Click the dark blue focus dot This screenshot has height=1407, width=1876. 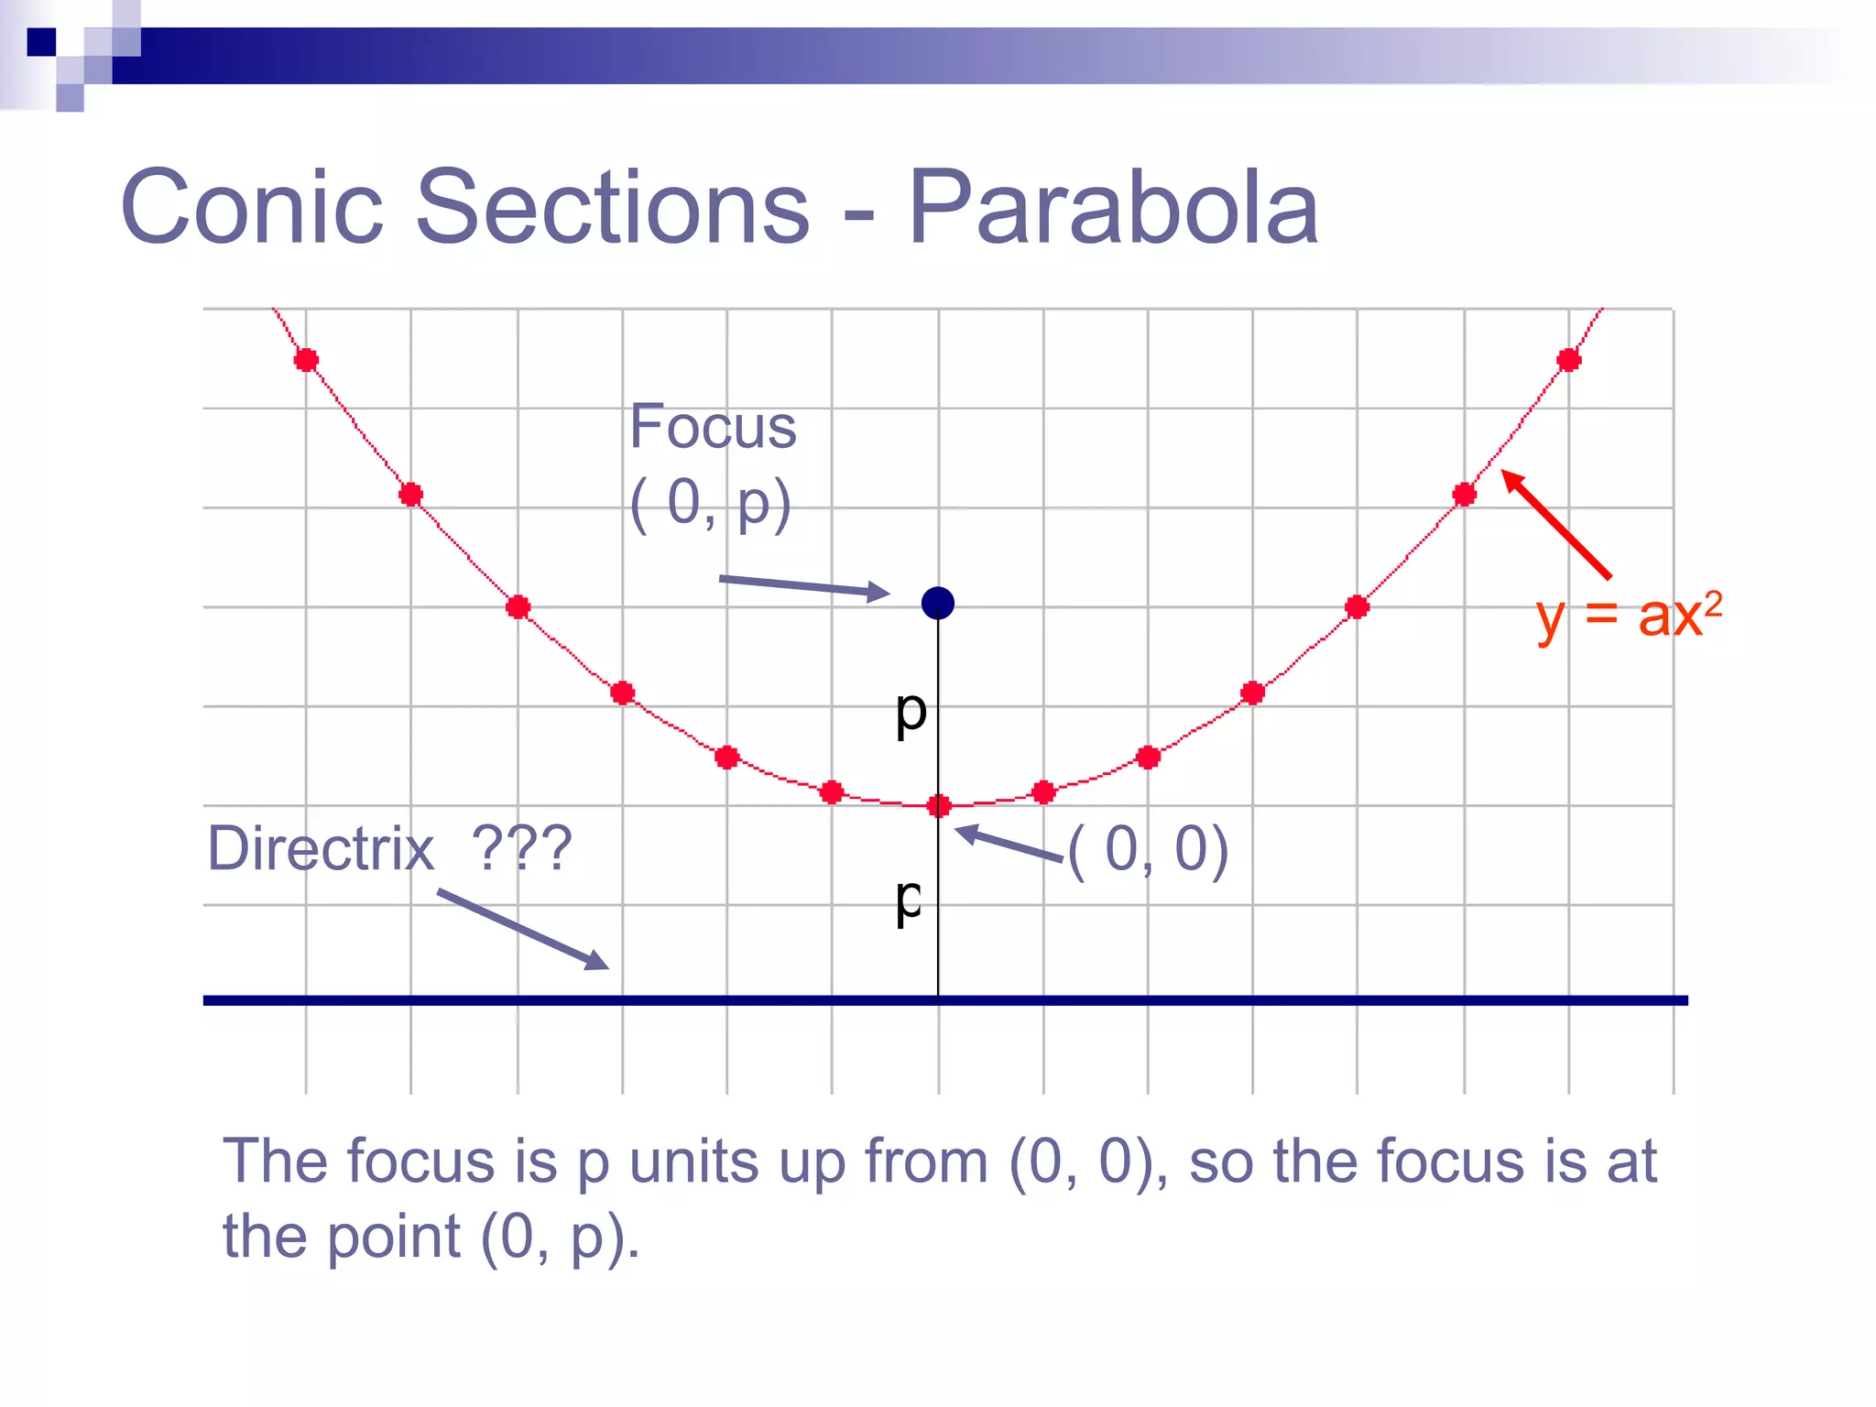(938, 603)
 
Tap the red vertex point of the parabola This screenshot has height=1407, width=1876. (939, 806)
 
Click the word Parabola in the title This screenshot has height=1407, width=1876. (1113, 208)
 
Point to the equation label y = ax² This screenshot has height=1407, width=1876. (1629, 616)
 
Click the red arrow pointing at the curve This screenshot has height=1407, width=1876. (1556, 524)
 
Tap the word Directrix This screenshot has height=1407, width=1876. (321, 848)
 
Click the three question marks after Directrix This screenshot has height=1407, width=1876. (521, 848)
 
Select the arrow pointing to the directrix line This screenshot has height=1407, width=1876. (523, 929)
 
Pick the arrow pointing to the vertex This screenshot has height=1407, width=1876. (1008, 844)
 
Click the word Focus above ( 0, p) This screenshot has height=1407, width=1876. (713, 427)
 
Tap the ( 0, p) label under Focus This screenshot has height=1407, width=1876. (711, 504)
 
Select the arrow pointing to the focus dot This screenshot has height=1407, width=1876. (803, 587)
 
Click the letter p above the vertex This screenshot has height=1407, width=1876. (911, 712)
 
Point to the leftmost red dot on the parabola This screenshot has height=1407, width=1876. (306, 360)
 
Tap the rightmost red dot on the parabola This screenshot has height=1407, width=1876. (1569, 360)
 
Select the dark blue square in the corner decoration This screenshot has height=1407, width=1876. (41, 42)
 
